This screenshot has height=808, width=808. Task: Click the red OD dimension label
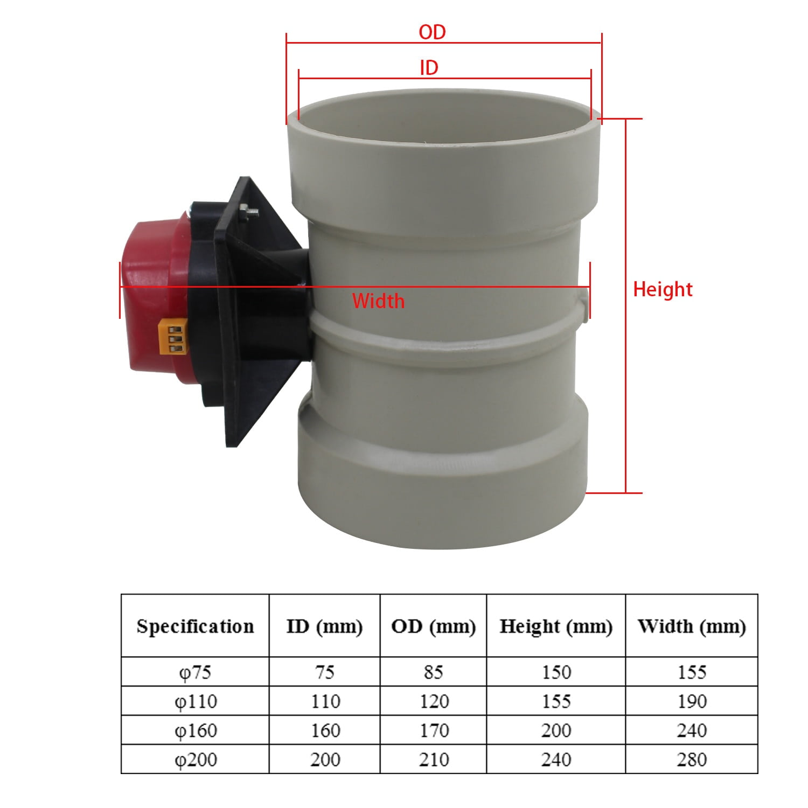click(433, 32)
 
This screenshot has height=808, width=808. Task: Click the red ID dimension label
click(429, 68)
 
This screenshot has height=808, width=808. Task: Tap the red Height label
click(663, 289)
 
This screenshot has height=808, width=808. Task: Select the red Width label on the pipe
click(378, 301)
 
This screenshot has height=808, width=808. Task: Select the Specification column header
click(195, 626)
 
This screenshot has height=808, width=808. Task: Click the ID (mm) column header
click(324, 626)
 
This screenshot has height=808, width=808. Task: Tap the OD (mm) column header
click(434, 626)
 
